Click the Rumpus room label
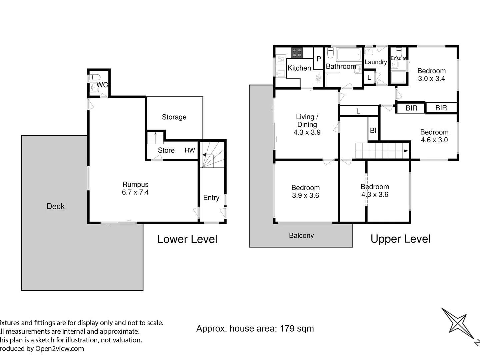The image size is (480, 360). click(135, 184)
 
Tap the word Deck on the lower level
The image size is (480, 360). click(55, 206)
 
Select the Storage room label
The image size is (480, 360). click(174, 117)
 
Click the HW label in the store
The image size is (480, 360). click(190, 150)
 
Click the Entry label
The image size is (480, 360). click(211, 198)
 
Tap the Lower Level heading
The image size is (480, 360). click(187, 239)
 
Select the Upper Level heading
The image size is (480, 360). click(400, 239)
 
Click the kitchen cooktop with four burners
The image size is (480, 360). click(297, 53)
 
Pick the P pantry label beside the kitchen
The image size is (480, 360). click(319, 59)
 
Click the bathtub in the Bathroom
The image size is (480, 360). click(348, 54)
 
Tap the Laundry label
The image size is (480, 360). click(376, 62)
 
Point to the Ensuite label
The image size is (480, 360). click(398, 58)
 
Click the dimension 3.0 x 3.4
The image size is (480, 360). click(431, 79)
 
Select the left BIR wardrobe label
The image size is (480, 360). click(411, 108)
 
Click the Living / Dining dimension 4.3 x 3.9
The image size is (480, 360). click(307, 132)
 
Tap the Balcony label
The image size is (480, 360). click(301, 235)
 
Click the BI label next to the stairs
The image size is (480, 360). click(373, 131)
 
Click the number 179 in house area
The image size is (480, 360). click(287, 329)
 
